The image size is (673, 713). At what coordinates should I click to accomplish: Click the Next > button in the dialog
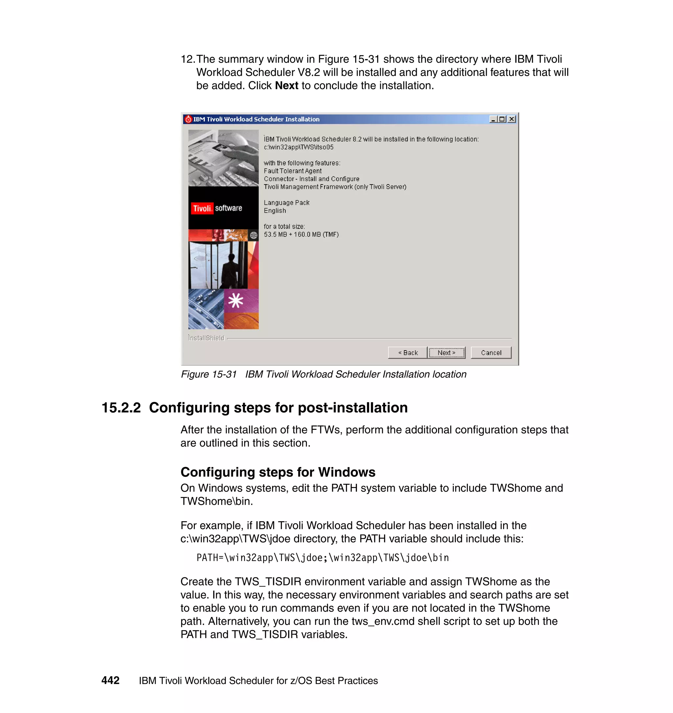point(447,353)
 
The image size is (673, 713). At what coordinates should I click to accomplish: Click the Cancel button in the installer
point(491,353)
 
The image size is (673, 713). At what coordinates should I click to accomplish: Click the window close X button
point(512,119)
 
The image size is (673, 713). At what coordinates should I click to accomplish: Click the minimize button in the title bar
point(493,119)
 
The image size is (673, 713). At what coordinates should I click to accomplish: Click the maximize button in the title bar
point(502,119)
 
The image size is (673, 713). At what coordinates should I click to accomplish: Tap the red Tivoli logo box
point(202,208)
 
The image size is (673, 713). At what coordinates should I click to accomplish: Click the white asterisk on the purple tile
point(236,301)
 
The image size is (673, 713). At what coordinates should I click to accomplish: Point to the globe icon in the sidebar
point(254,235)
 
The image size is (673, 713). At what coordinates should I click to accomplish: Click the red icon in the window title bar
point(188,119)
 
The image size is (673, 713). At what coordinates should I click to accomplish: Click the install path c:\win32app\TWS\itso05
point(298,147)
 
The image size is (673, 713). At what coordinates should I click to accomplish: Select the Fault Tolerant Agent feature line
point(293,171)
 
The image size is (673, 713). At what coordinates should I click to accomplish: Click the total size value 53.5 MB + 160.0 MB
point(301,234)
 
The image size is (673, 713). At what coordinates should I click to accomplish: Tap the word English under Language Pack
point(275,211)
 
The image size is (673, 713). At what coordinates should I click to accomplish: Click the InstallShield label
point(206,338)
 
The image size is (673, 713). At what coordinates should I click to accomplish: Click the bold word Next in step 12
point(286,86)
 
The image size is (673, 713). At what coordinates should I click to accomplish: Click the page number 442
point(110,680)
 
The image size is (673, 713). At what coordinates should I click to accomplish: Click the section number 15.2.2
point(121,408)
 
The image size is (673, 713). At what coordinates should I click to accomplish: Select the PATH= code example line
point(322,557)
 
